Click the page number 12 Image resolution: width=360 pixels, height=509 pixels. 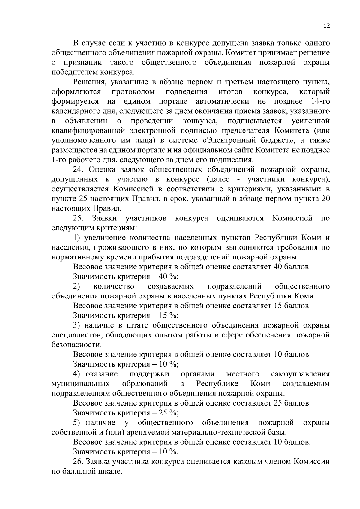(327, 26)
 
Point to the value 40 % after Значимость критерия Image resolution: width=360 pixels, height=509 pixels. (167, 277)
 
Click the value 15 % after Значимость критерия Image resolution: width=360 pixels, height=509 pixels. (167, 315)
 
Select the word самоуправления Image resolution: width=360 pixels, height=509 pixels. (300, 374)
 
